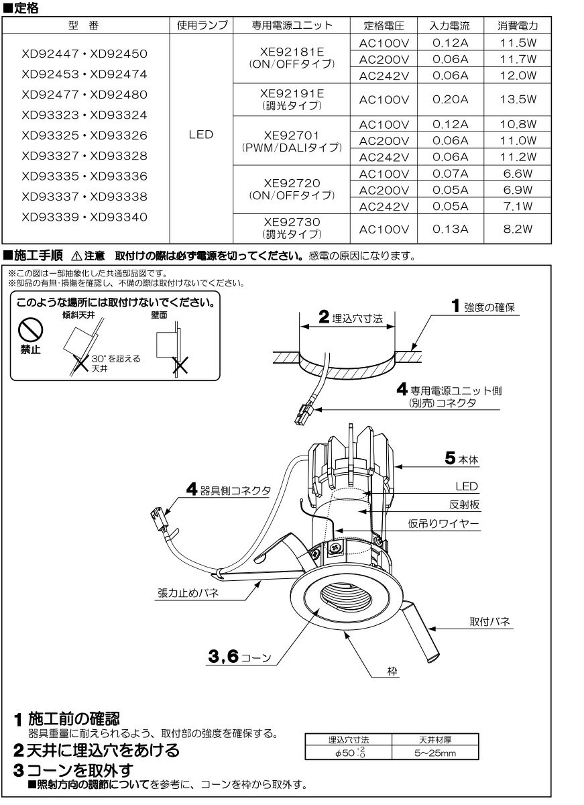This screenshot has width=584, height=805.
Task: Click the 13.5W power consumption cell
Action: click(518, 100)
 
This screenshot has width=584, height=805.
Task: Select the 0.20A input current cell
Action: click(451, 100)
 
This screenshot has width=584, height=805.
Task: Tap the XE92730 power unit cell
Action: click(291, 227)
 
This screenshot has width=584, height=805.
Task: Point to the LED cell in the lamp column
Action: click(200, 135)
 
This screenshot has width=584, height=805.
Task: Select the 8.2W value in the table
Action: click(518, 228)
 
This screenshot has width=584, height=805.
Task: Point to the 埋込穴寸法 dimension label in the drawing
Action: click(355, 319)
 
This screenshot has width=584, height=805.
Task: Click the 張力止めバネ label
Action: click(190, 593)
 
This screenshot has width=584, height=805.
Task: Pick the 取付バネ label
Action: click(490, 623)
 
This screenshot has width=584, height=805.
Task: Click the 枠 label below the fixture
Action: click(393, 688)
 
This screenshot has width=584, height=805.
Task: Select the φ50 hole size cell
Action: click(349, 753)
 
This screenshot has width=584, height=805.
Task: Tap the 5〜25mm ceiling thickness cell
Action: click(435, 753)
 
